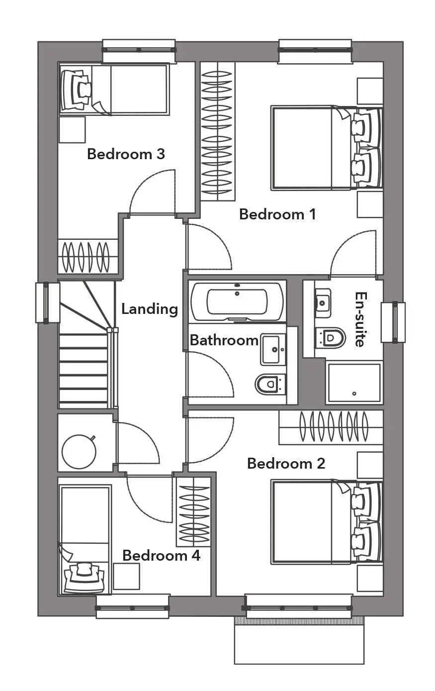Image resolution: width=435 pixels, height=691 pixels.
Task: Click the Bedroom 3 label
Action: (x=126, y=154)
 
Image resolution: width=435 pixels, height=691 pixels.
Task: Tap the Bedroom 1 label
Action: (x=277, y=214)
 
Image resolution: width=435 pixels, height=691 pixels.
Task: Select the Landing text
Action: (x=150, y=309)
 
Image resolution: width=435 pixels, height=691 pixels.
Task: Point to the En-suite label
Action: (x=361, y=319)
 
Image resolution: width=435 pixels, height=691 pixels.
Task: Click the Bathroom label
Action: (x=224, y=340)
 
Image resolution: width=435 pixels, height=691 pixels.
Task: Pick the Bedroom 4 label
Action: (x=161, y=556)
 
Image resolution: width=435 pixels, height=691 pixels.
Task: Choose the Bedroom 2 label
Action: (x=286, y=463)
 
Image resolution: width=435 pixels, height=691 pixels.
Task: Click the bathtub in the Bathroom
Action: (x=237, y=301)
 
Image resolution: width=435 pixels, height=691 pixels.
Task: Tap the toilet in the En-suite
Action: (x=330, y=338)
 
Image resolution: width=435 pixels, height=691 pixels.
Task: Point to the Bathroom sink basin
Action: (x=273, y=350)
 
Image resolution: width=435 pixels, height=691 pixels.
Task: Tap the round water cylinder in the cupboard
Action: (x=79, y=452)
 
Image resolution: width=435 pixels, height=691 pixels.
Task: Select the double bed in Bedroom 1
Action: (x=327, y=148)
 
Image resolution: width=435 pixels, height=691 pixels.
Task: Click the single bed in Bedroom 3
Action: (x=114, y=89)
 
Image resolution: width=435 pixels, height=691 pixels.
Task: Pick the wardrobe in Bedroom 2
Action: (x=331, y=427)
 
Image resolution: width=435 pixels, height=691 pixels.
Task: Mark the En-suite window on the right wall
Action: (x=393, y=322)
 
